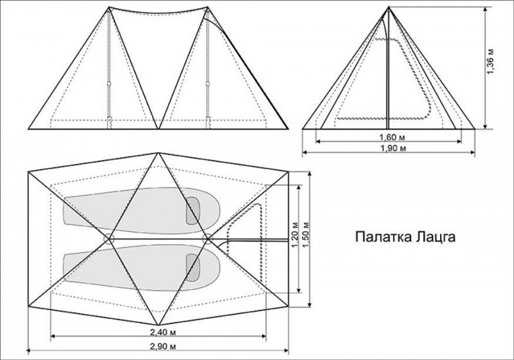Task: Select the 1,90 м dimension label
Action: pos(389,149)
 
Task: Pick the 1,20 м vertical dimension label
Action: pos(295,235)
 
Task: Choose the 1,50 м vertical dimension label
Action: pos(305,235)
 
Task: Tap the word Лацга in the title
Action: pos(435,238)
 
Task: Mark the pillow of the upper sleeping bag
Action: pos(192,210)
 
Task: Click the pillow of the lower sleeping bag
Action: pos(192,267)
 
